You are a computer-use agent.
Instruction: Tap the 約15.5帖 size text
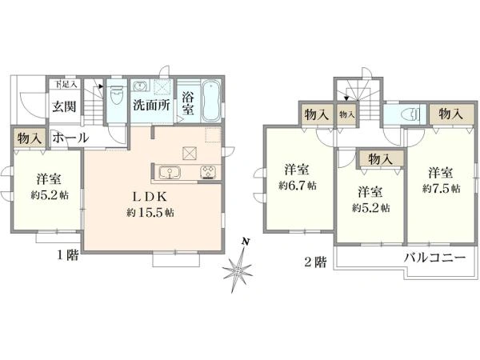point(150,213)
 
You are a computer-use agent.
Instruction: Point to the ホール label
point(70,138)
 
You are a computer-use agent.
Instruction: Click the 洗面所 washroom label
point(150,104)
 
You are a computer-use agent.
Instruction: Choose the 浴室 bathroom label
point(189,104)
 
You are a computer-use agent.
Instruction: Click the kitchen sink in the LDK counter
point(170,172)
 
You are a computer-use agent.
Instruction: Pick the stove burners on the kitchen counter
point(207,172)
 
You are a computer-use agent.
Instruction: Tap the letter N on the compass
point(248,241)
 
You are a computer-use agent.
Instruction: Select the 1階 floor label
point(67,255)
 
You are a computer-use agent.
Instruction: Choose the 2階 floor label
point(315,261)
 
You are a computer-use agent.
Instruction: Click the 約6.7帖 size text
point(297,185)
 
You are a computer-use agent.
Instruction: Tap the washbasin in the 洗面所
point(139,86)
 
